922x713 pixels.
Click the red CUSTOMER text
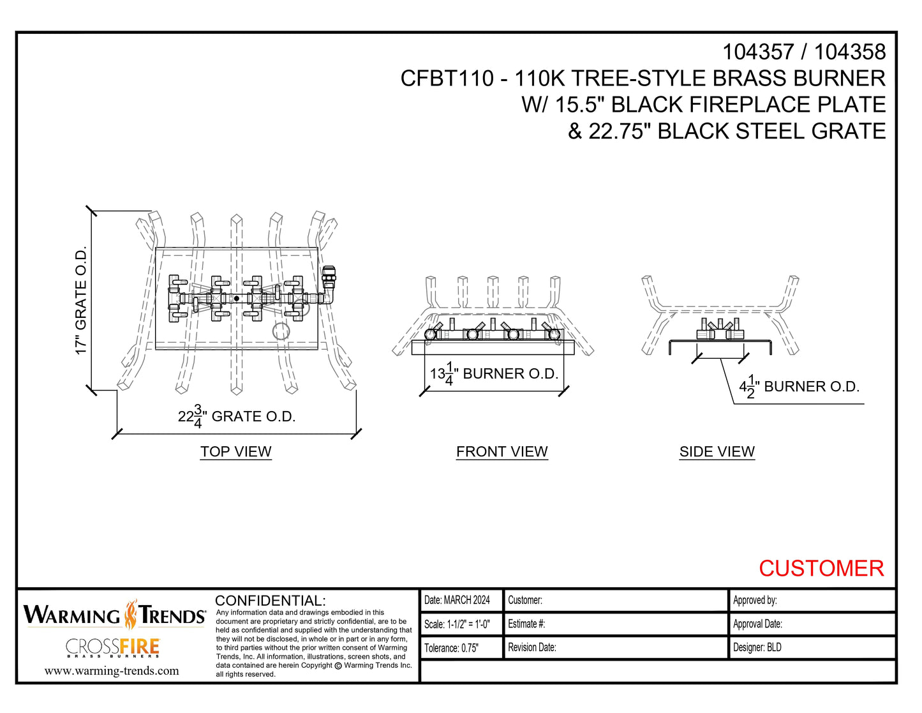tap(821, 568)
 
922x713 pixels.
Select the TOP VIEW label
tap(235, 451)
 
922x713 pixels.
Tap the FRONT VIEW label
tap(502, 451)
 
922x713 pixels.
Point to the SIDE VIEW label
tap(717, 451)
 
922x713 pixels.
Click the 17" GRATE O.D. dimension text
tap(81, 301)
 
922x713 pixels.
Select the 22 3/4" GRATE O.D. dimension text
tap(236, 417)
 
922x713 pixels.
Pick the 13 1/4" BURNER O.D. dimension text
tap(494, 374)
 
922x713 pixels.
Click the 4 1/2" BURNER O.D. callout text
tap(799, 387)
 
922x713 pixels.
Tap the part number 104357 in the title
tap(757, 52)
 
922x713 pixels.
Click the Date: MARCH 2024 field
tap(457, 600)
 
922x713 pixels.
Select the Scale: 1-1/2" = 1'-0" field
tap(457, 624)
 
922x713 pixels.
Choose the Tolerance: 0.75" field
tap(451, 648)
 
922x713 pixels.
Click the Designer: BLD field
tap(757, 647)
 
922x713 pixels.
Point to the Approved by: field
tap(755, 600)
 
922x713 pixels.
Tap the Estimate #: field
tap(526, 624)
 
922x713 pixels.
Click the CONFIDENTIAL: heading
tap(271, 601)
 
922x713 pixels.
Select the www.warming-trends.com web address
tap(112, 671)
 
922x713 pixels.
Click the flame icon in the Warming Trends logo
tap(131, 615)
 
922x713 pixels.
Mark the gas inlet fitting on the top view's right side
tap(329, 284)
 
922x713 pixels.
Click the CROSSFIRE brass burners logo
tap(112, 648)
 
